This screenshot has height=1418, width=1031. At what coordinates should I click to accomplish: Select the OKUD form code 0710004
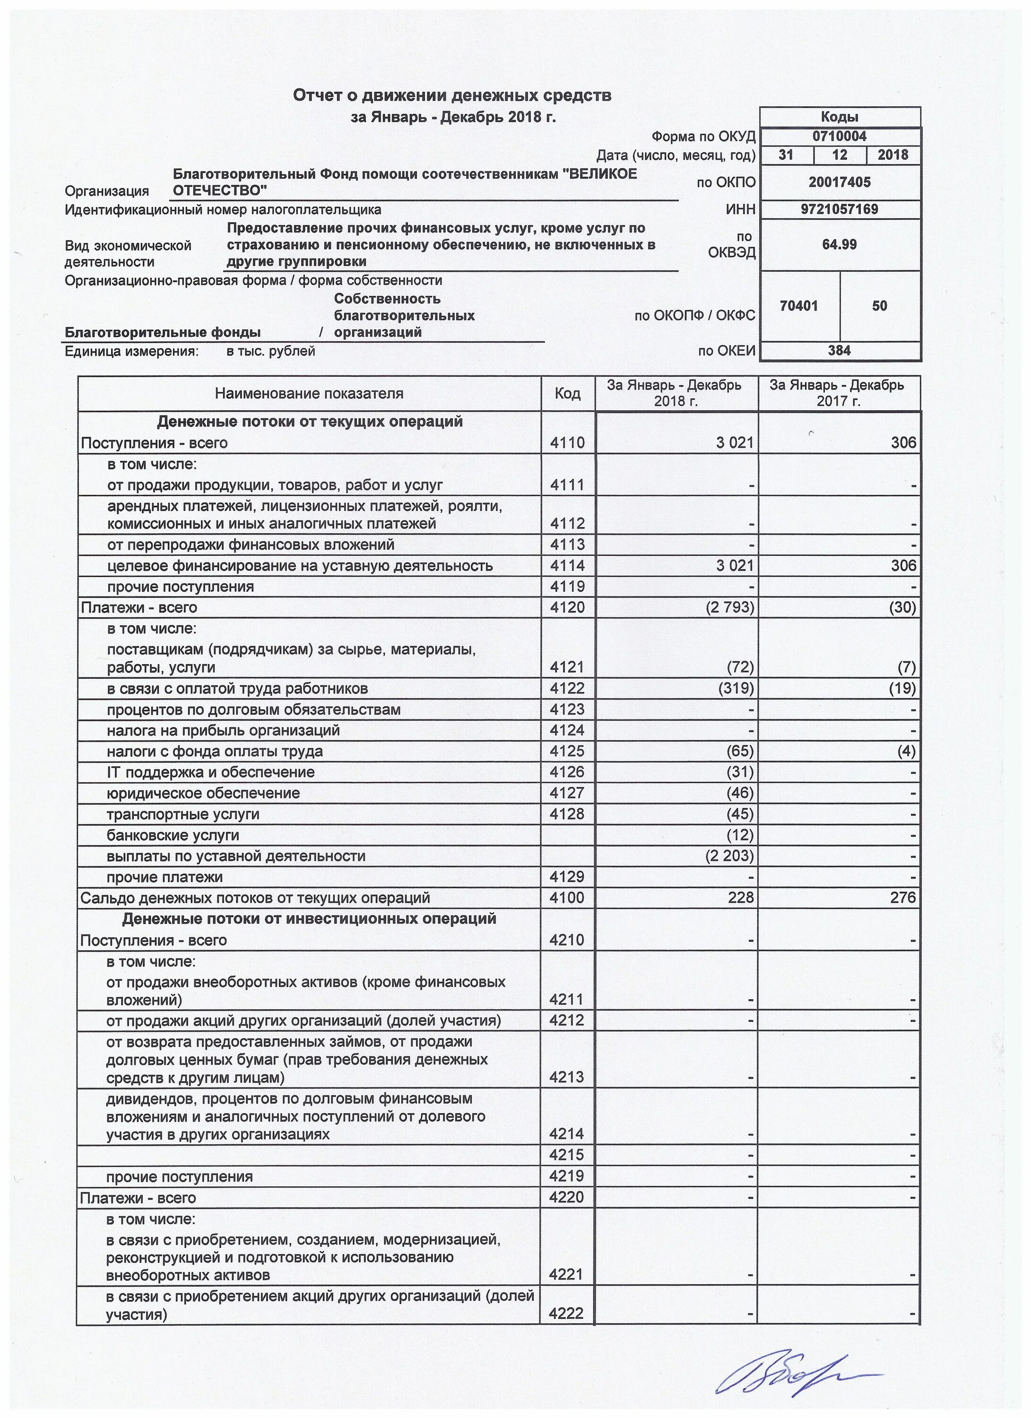(x=839, y=136)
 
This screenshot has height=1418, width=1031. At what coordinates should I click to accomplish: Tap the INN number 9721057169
(x=839, y=209)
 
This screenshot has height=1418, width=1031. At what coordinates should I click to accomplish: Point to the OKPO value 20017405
(x=839, y=182)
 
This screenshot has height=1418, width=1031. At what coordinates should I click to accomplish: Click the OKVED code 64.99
(x=839, y=244)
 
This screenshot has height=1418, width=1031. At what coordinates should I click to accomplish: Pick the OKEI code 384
(x=839, y=351)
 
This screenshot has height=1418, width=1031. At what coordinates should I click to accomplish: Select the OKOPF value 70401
(x=800, y=306)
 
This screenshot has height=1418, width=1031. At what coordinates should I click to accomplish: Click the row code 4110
(x=567, y=443)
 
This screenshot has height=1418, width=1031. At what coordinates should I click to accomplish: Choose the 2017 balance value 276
(x=903, y=898)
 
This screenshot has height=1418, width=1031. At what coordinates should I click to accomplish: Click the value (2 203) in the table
(x=729, y=856)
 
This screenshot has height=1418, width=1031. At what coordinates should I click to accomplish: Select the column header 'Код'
(x=567, y=393)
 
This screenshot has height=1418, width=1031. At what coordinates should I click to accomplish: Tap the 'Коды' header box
(x=839, y=117)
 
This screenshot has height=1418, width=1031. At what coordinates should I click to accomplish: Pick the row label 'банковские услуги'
(x=173, y=835)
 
